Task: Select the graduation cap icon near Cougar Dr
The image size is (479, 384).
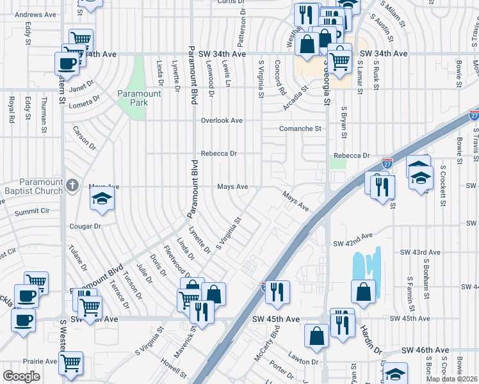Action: (x=102, y=200)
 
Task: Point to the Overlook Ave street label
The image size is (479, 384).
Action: (x=222, y=120)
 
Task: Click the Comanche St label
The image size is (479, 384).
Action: (x=300, y=129)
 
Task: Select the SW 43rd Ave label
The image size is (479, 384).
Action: (x=421, y=253)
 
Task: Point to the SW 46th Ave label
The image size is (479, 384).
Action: (x=425, y=351)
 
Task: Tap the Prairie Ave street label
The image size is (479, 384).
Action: (x=40, y=361)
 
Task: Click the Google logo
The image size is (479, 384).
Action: (x=21, y=376)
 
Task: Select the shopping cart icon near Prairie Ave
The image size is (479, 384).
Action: (x=70, y=362)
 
